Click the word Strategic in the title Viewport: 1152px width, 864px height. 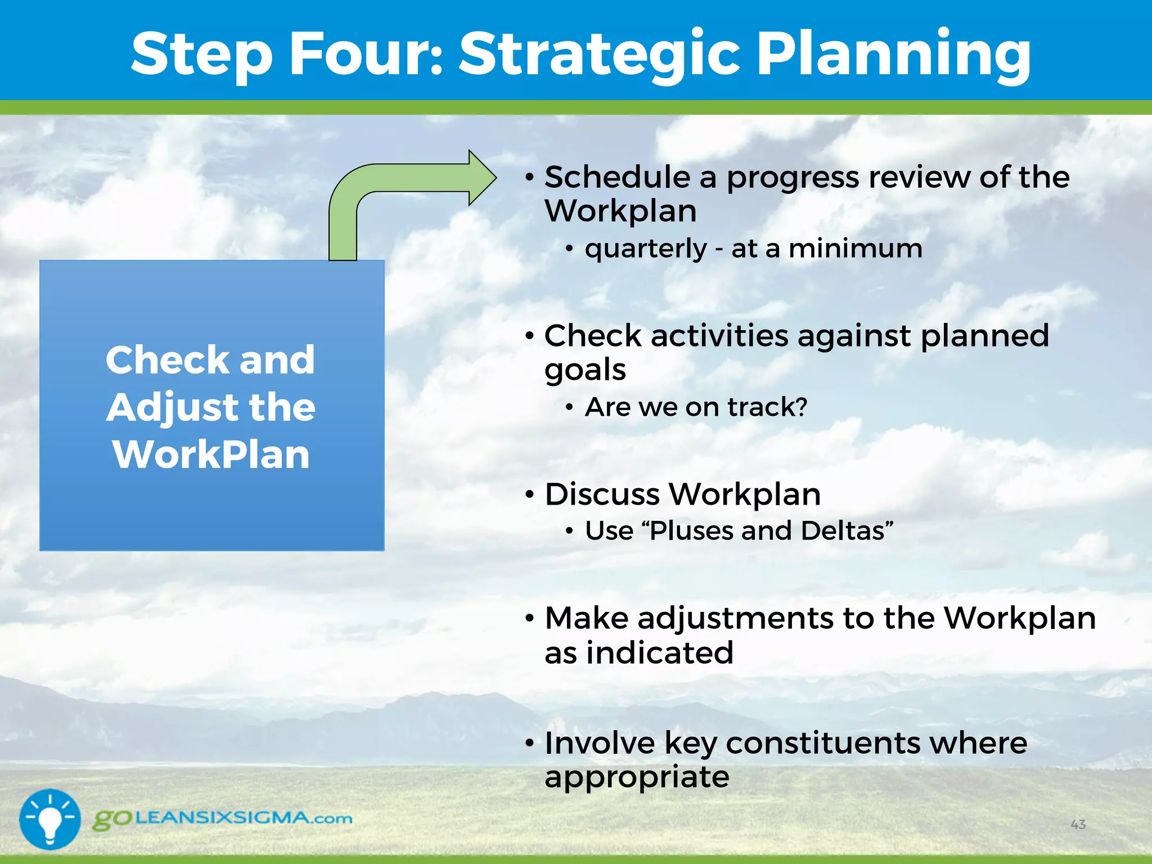click(x=600, y=53)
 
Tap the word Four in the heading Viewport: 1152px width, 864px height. click(x=365, y=53)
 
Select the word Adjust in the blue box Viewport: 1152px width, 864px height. click(x=172, y=407)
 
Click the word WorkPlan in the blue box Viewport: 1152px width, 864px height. click(x=211, y=454)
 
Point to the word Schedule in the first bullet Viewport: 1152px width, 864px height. click(x=617, y=177)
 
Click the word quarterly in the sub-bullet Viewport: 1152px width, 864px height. click(x=645, y=249)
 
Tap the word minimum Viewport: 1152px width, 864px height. click(x=855, y=249)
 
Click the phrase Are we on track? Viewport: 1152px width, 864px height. click(x=696, y=407)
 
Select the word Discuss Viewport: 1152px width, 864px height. click(x=602, y=494)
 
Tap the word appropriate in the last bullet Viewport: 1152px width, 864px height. click(x=637, y=777)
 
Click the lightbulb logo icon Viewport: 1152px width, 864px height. click(x=50, y=819)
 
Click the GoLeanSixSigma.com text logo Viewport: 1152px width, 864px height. click(x=223, y=818)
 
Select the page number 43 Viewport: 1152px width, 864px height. click(x=1078, y=825)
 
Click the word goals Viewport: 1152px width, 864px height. click(x=585, y=370)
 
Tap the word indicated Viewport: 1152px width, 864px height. click(x=659, y=653)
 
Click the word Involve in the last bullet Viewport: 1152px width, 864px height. click(x=599, y=742)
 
